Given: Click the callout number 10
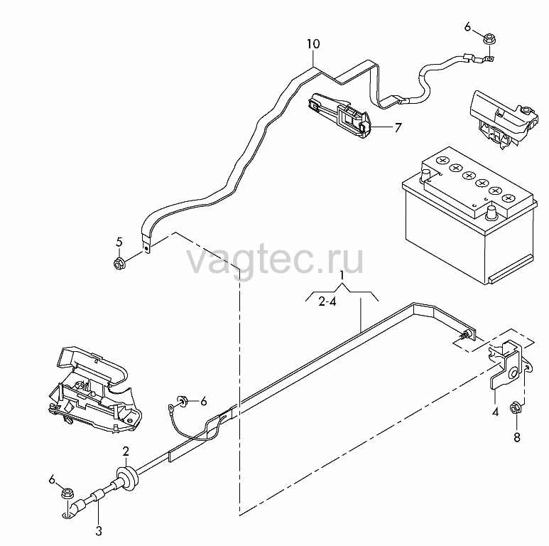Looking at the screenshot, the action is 313,44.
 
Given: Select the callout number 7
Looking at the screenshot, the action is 398,127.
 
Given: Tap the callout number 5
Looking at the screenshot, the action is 119,242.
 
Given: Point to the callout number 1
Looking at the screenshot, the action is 342,276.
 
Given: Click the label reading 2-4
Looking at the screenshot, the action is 327,301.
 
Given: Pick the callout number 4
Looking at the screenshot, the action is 495,412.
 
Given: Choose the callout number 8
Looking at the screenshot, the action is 517,437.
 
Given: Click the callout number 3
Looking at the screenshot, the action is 99,531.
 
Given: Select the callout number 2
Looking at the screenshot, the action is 126,451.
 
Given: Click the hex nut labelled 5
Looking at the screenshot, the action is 119,263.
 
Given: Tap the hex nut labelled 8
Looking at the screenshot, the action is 516,409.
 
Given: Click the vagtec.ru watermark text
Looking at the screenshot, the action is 275,260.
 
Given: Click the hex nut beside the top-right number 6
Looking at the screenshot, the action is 489,38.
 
